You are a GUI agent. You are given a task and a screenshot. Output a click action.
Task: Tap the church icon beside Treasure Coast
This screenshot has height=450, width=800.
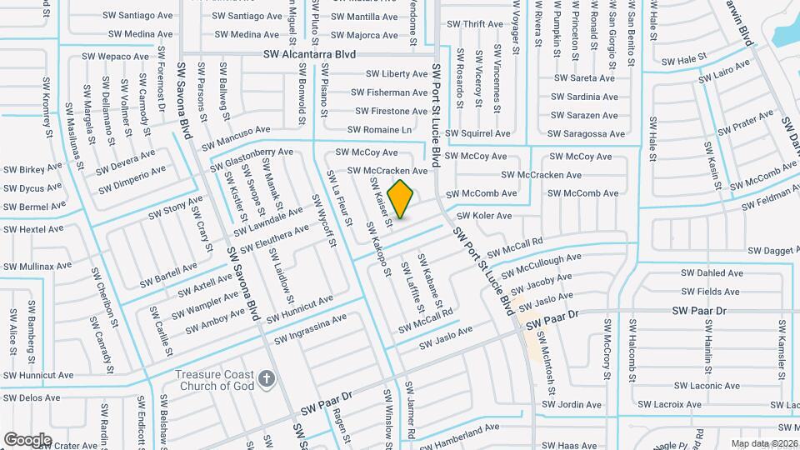pyautogui.click(x=266, y=380)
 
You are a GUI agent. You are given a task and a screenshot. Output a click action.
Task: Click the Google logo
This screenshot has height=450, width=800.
pyautogui.click(x=27, y=439)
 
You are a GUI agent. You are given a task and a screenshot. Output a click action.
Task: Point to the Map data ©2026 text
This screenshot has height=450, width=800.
pyautogui.click(x=763, y=443)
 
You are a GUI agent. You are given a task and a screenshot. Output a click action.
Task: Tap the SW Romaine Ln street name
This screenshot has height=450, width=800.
pyautogui.click(x=379, y=130)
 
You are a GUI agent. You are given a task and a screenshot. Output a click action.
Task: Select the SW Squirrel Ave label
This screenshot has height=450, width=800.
pyautogui.click(x=477, y=133)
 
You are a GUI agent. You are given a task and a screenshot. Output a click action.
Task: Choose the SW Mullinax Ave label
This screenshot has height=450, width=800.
pyautogui.click(x=36, y=267)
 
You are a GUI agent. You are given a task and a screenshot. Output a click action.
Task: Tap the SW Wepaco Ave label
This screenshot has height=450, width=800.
pyautogui.click(x=115, y=57)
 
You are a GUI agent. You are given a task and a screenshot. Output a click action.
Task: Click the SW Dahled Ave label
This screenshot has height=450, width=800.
pyautogui.click(x=712, y=272)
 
